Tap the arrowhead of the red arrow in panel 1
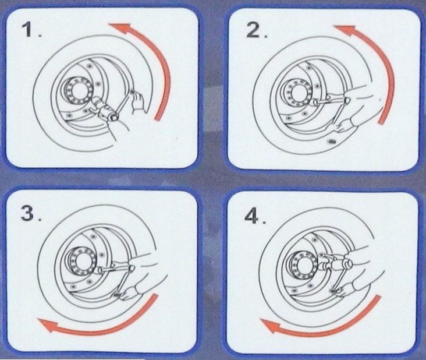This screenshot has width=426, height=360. (x=119, y=28)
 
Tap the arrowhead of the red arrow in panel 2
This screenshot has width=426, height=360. (x=345, y=30)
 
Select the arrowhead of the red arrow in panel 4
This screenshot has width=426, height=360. (x=271, y=326)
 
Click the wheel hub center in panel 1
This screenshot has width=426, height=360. (x=77, y=90)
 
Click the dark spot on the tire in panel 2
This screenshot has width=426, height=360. (x=332, y=141)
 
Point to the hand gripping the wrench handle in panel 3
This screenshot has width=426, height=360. (x=129, y=294)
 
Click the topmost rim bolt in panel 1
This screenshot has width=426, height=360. (x=89, y=66)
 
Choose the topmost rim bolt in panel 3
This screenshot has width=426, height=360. (x=94, y=237)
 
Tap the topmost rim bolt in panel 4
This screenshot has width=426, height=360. (x=315, y=240)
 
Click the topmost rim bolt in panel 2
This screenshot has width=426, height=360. (x=308, y=68)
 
